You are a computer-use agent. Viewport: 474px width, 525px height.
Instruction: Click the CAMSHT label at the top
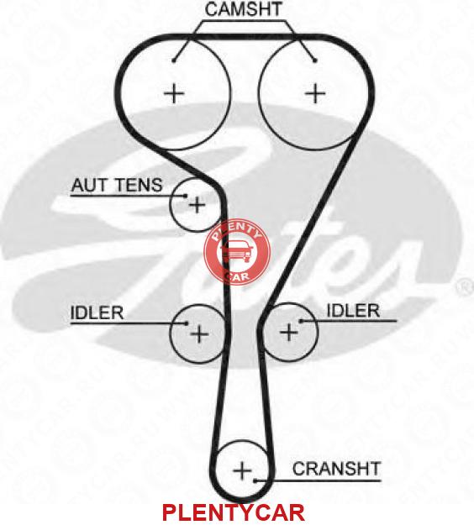[x=243, y=9]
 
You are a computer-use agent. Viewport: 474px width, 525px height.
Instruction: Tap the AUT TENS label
[x=117, y=185]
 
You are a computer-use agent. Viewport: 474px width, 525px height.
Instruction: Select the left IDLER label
[x=97, y=312]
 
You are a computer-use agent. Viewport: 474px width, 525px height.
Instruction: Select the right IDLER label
[x=353, y=311]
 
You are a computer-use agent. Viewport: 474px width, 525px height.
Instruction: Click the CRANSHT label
[x=336, y=469]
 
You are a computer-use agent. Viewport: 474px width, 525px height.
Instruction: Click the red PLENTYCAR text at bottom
[x=234, y=512]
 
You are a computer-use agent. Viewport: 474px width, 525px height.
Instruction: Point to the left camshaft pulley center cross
[x=174, y=93]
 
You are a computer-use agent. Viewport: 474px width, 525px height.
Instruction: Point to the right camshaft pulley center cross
[x=315, y=93]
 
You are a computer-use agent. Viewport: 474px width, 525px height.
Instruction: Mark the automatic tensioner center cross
[x=197, y=204]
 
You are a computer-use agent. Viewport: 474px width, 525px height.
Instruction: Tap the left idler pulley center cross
[x=199, y=333]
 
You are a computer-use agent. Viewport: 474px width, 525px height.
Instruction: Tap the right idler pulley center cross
[x=289, y=333]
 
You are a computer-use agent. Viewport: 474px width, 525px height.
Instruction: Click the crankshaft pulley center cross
[x=242, y=470]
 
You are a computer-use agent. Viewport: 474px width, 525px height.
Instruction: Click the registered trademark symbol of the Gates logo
[x=465, y=287]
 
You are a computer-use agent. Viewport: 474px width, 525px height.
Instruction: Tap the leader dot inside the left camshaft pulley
[x=173, y=60]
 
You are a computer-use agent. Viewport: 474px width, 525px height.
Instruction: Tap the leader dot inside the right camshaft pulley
[x=315, y=60]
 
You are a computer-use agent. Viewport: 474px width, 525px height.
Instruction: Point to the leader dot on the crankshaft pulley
[x=255, y=481]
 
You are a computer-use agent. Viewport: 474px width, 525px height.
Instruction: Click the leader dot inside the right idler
[x=301, y=321]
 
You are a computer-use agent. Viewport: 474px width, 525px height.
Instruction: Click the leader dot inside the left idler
[x=187, y=323]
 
